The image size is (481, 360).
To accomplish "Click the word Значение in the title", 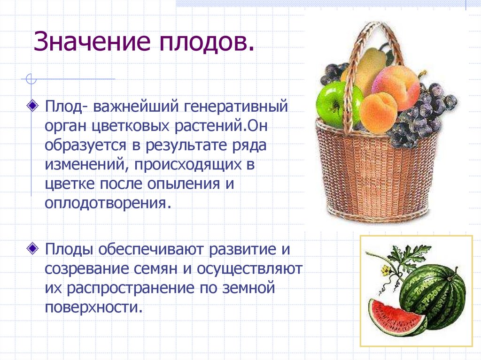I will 90,43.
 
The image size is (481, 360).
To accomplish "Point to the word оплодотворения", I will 106,203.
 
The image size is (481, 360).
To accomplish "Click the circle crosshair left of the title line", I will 31,79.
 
